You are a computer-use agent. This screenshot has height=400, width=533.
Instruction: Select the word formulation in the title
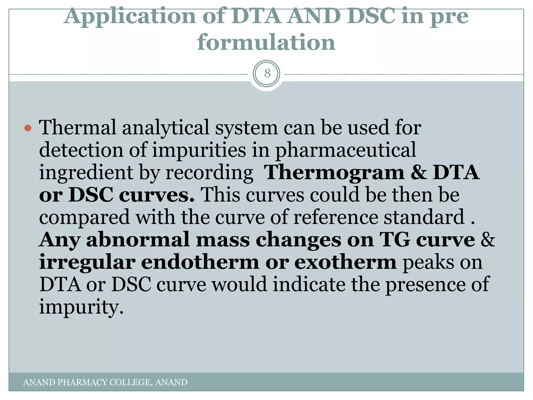(266, 43)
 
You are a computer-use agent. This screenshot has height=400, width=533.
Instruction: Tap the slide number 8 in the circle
(267, 73)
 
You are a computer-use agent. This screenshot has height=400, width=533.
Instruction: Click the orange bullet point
(28, 128)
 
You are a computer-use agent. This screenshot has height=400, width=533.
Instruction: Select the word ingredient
(86, 173)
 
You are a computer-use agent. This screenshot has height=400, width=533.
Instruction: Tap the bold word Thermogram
(334, 172)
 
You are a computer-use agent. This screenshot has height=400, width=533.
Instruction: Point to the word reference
(335, 217)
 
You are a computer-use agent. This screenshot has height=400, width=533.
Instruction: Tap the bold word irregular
(87, 262)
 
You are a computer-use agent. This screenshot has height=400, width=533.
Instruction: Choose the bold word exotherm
(346, 262)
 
